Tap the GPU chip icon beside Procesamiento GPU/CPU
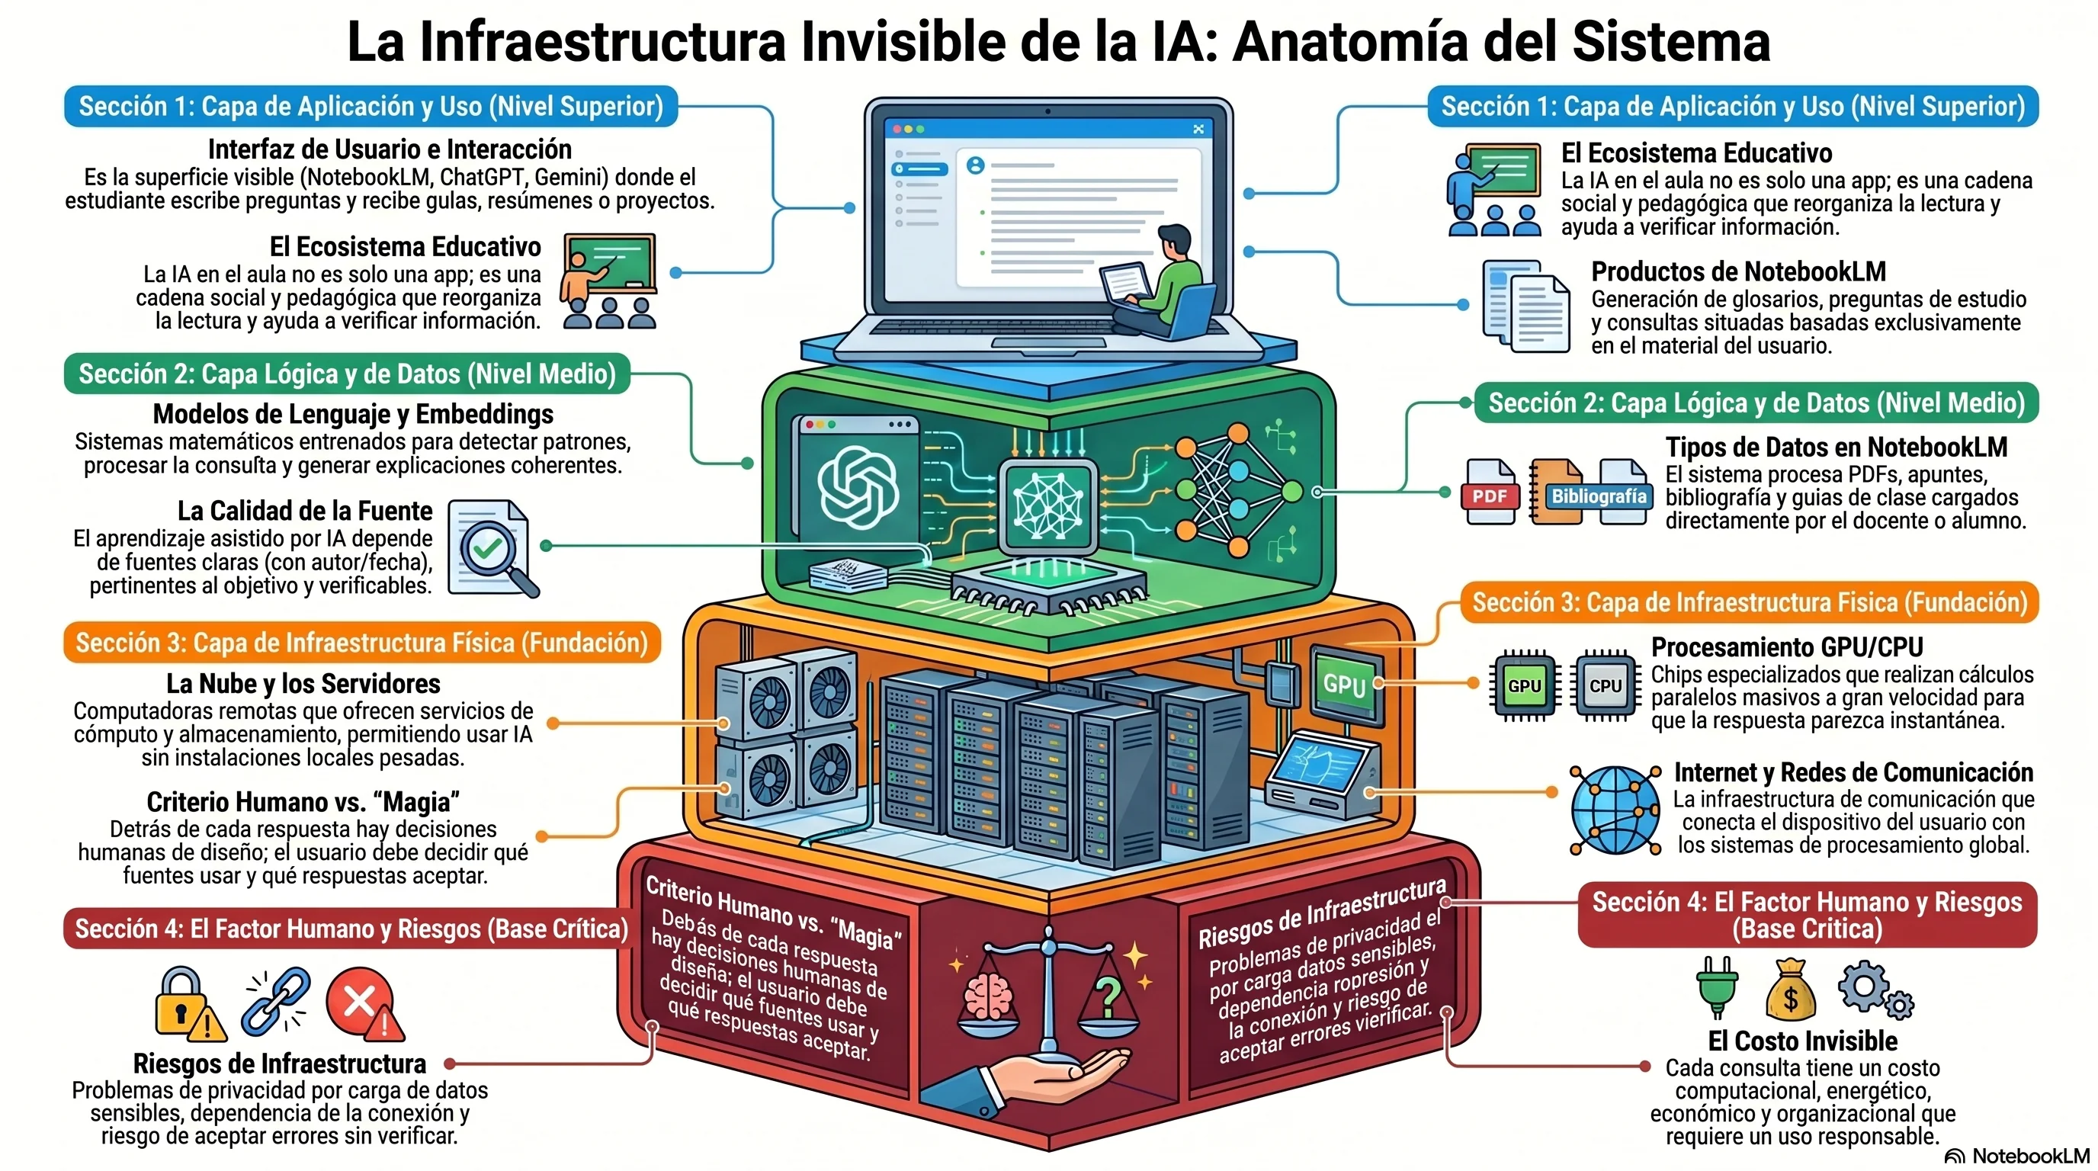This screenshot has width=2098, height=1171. (x=1524, y=685)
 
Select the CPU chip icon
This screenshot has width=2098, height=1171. (x=1605, y=685)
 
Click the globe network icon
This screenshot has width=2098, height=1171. (x=1615, y=810)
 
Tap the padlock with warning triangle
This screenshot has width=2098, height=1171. (x=189, y=1003)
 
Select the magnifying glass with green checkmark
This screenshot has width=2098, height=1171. (x=493, y=548)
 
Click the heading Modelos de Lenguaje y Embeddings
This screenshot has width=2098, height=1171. (x=353, y=414)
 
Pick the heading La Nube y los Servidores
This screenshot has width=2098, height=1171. (x=303, y=683)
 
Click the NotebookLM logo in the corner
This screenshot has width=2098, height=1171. (x=2016, y=1157)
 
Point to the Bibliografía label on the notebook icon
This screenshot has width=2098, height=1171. (x=1598, y=496)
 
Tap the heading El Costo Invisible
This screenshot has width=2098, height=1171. (x=1802, y=1041)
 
